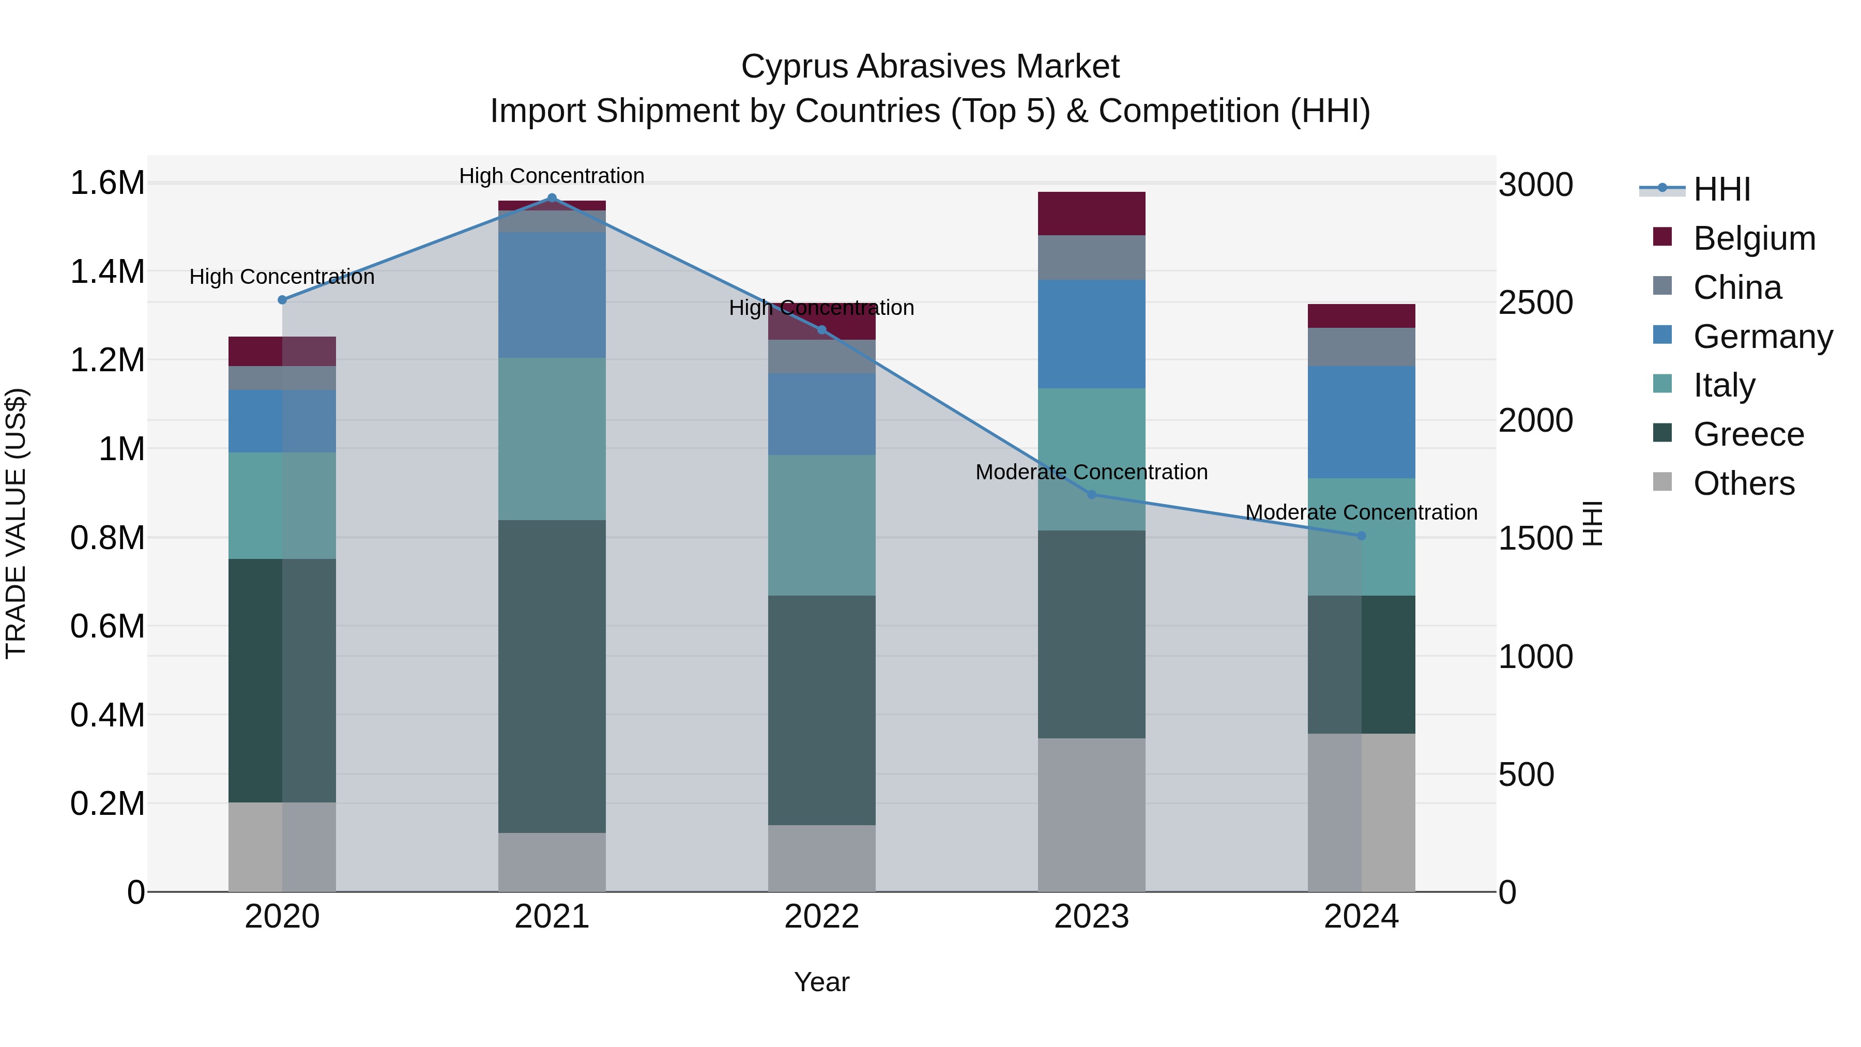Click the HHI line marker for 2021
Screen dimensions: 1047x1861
(552, 198)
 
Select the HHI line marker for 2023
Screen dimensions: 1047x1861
(1092, 495)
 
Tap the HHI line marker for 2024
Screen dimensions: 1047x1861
(1361, 536)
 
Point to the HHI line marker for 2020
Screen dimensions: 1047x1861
(282, 300)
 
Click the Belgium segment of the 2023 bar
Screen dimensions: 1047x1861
(1092, 214)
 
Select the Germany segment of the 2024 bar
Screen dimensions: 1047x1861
(1361, 422)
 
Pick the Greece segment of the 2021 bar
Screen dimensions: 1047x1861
(552, 676)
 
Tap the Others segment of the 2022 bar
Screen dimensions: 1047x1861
(821, 858)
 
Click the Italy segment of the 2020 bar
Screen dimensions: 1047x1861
(282, 506)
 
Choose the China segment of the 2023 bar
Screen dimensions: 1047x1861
(1092, 257)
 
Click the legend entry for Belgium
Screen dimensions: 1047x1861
(1754, 238)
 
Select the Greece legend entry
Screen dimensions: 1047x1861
(1748, 434)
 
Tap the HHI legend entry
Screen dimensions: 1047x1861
(1721, 189)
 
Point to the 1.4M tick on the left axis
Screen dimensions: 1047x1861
(107, 272)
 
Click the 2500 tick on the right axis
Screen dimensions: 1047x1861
(1535, 303)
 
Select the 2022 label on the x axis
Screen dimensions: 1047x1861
(821, 917)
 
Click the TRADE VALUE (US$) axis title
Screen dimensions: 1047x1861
(16, 523)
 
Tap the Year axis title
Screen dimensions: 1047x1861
(821, 982)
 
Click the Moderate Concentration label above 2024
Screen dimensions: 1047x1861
(1361, 512)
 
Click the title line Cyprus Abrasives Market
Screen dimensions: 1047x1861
(930, 67)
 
